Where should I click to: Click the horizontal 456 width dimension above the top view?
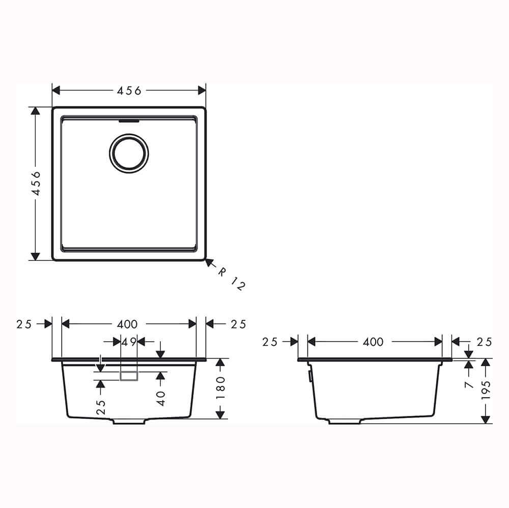pyautogui.click(x=129, y=91)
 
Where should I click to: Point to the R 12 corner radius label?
pyautogui.click(x=232, y=279)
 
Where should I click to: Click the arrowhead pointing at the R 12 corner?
pyautogui.click(x=209, y=262)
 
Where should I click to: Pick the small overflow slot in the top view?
pyautogui.click(x=129, y=122)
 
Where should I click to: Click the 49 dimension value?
pyautogui.click(x=129, y=342)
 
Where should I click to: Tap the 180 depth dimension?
pyautogui.click(x=220, y=389)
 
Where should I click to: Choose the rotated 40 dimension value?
pyautogui.click(x=161, y=398)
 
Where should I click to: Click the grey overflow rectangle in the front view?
pyautogui.click(x=129, y=375)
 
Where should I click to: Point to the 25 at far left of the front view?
pyautogui.click(x=24, y=324)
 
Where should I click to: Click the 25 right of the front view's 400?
pyautogui.click(x=238, y=324)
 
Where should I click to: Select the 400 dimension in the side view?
pyautogui.click(x=373, y=342)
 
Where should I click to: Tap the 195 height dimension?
pyautogui.click(x=486, y=391)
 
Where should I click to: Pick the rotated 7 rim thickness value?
pyautogui.click(x=469, y=384)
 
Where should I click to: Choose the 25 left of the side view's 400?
pyautogui.click(x=270, y=342)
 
